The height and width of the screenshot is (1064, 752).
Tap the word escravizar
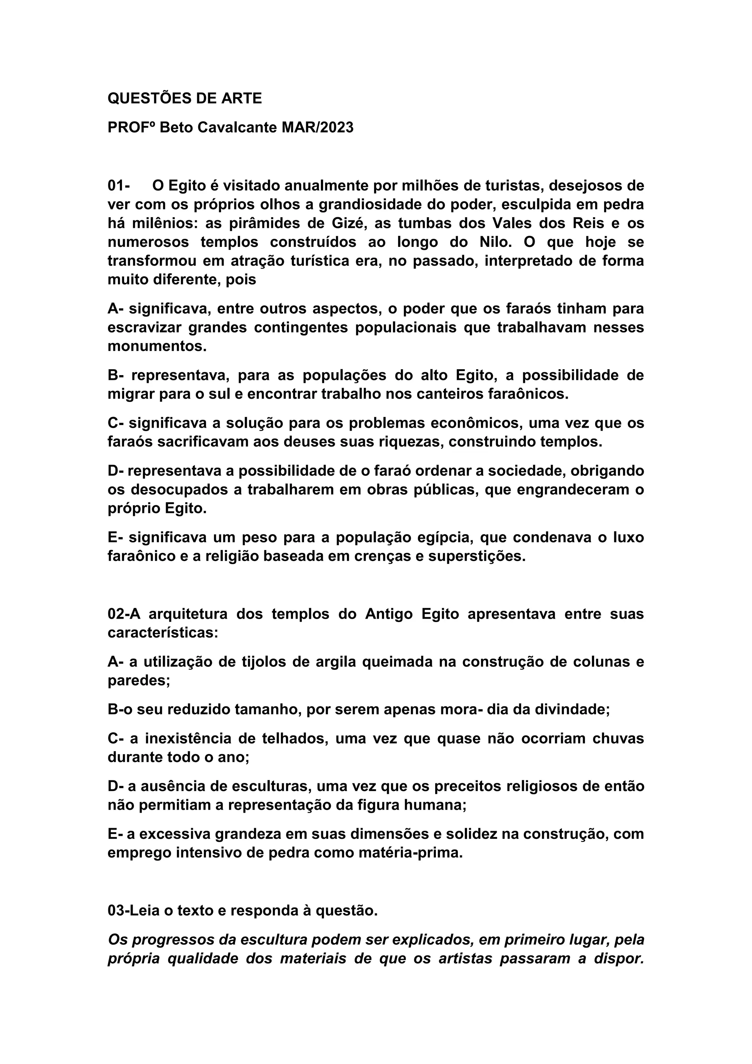coord(144,328)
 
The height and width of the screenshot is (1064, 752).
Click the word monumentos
coord(157,346)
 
